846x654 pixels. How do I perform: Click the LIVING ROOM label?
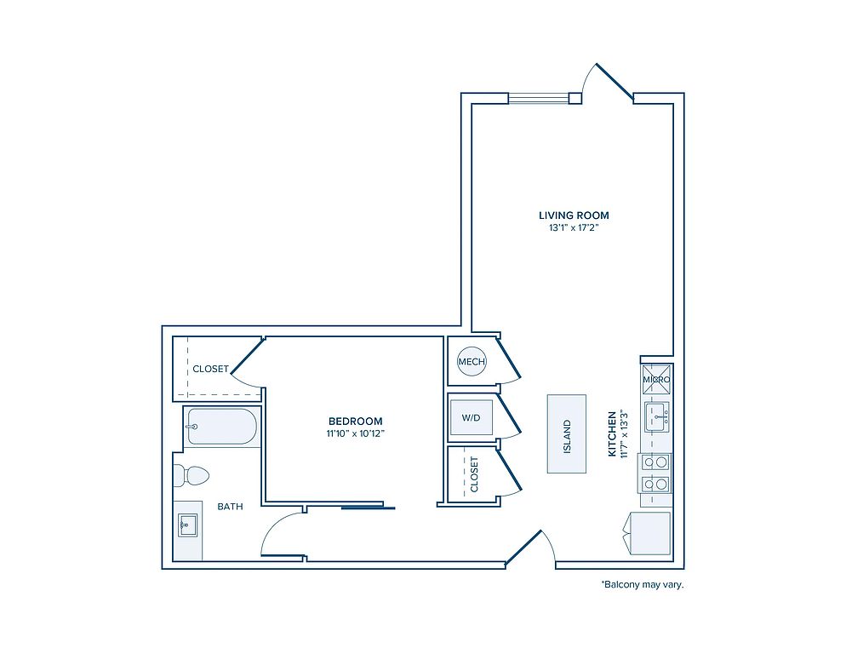tap(574, 215)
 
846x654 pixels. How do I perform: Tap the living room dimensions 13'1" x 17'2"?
tap(574, 228)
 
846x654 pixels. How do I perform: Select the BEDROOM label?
tap(356, 421)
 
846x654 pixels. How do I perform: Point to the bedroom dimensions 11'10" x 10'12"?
tap(356, 433)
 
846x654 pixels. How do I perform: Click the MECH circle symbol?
tap(472, 361)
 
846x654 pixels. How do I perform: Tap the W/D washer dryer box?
tap(471, 417)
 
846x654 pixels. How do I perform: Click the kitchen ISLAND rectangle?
tap(567, 433)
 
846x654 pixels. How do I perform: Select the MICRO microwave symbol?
tap(656, 379)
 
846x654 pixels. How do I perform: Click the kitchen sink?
tap(657, 416)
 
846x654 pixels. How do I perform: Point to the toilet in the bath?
tap(191, 476)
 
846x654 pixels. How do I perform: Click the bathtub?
tap(221, 426)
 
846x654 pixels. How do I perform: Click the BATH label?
tap(230, 507)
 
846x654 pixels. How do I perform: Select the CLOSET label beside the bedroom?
tap(210, 369)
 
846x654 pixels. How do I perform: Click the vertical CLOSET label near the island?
tap(474, 474)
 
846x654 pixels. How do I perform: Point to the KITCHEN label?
tap(613, 434)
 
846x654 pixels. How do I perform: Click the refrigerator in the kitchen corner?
tap(648, 533)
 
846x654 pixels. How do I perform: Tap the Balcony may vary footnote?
tap(642, 584)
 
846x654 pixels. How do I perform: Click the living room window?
tap(539, 98)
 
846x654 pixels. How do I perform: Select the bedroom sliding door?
tap(368, 507)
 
